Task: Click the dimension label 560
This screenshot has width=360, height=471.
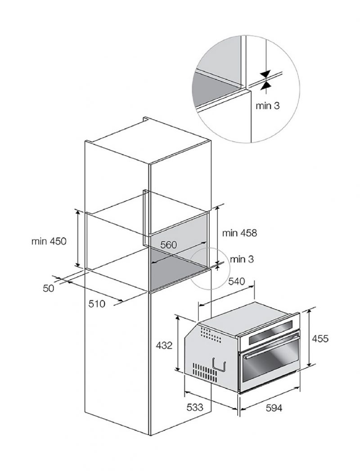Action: pos(168,245)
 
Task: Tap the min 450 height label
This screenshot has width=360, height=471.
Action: pos(49,241)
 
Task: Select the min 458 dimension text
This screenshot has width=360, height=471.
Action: pos(240,233)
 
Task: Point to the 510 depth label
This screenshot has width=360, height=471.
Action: pos(97,304)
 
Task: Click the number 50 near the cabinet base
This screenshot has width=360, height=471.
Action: pos(49,288)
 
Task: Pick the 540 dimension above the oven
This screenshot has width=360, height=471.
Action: pos(237,282)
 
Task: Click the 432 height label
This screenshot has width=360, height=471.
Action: pos(164,345)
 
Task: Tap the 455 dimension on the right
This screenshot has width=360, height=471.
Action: pos(320,339)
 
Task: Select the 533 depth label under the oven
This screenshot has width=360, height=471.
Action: pos(195,407)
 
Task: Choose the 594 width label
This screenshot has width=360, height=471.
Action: pos(274,408)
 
